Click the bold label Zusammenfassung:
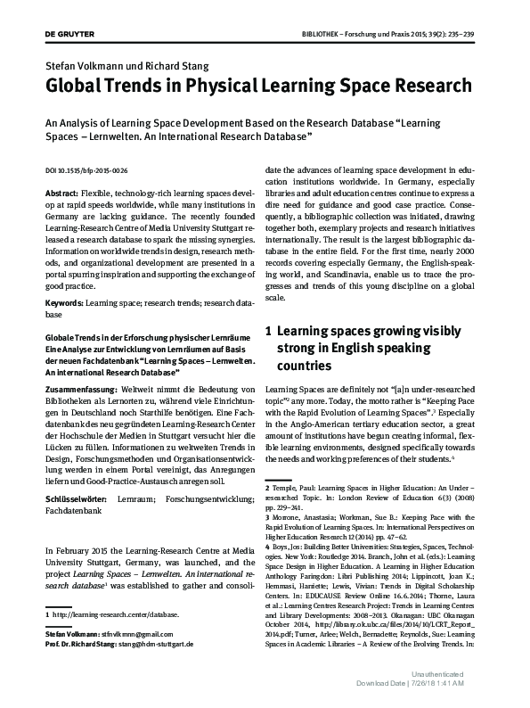(81, 390)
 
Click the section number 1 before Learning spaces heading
(269, 331)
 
